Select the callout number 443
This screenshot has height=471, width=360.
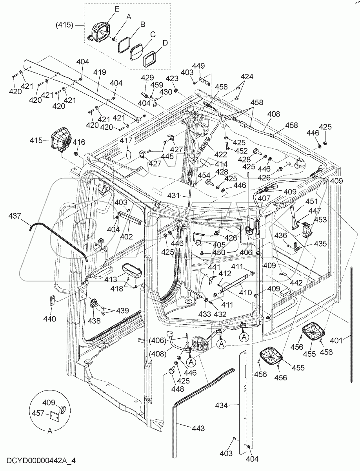coord(198,428)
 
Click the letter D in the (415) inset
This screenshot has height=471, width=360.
coord(165,42)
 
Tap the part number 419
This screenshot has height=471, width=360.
coord(100,73)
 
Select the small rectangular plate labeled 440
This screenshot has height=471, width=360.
coord(52,301)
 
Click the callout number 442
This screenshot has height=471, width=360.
coord(296,282)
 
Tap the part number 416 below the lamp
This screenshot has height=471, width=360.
coord(78,142)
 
